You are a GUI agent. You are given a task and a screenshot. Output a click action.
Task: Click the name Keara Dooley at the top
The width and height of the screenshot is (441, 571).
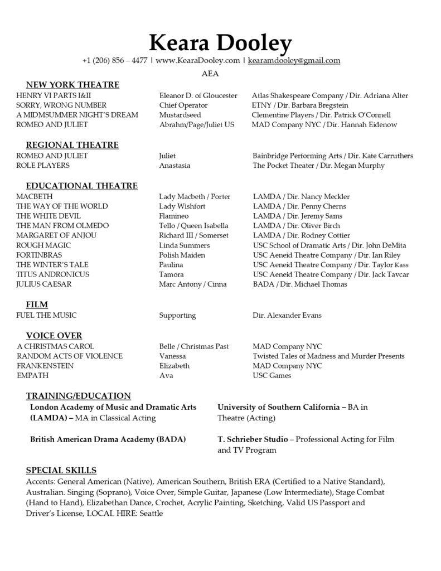click(220, 43)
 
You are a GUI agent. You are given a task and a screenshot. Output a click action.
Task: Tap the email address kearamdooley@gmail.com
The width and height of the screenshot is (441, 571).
click(294, 61)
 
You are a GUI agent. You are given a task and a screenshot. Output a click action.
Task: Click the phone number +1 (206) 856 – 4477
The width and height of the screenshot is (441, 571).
click(114, 61)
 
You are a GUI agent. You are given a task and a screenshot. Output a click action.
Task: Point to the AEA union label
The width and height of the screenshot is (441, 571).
click(210, 74)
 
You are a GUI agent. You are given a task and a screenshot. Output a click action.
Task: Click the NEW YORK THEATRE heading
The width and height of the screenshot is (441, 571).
click(72, 85)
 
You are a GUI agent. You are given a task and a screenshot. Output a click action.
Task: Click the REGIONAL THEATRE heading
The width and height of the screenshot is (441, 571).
click(72, 145)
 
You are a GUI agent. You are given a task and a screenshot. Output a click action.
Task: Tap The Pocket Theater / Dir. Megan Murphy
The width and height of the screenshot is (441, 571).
click(318, 166)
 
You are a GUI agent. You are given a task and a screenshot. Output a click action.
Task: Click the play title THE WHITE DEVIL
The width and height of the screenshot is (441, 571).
click(49, 216)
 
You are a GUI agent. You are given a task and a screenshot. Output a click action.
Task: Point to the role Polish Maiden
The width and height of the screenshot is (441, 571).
click(182, 255)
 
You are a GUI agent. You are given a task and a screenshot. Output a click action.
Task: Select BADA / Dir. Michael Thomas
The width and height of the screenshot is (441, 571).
click(299, 284)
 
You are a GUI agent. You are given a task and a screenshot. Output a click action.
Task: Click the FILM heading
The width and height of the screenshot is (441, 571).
click(37, 304)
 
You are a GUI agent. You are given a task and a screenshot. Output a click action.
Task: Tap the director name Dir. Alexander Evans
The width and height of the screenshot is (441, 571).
click(287, 316)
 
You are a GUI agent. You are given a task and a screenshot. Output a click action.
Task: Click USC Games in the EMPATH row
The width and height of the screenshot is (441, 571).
click(272, 376)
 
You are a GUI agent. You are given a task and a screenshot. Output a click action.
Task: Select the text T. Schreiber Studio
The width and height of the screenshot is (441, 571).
click(253, 439)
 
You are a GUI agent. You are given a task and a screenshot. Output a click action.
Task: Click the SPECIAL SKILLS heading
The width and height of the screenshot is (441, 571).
click(61, 470)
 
